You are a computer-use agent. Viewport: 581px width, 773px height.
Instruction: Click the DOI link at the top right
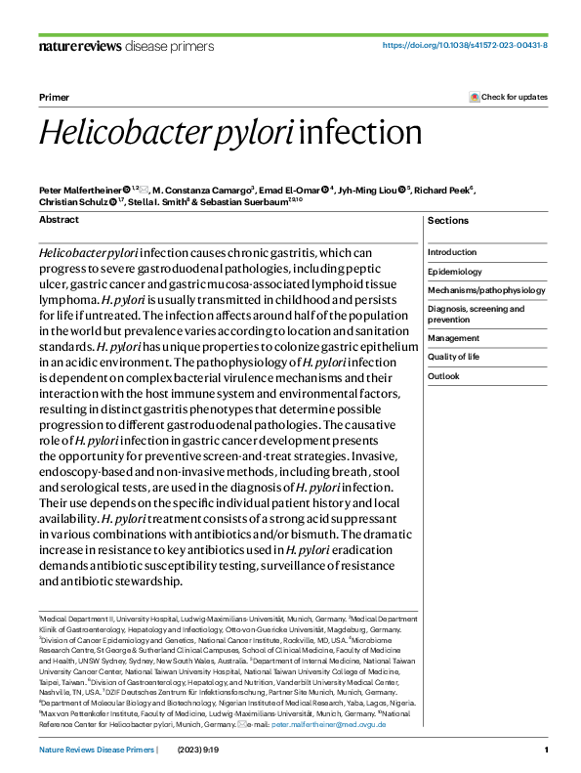(464, 46)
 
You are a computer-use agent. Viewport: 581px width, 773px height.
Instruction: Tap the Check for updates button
(509, 97)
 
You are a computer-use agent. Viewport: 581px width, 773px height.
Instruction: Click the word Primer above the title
(53, 98)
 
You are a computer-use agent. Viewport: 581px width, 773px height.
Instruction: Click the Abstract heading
(59, 220)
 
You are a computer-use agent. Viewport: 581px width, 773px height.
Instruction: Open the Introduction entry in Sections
(452, 252)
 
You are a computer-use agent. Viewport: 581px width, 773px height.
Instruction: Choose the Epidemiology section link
(455, 272)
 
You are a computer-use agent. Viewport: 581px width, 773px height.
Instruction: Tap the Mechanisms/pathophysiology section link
(486, 290)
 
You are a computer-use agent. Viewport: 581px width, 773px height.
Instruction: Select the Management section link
(452, 338)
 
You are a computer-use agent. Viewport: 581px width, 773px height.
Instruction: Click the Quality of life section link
(454, 357)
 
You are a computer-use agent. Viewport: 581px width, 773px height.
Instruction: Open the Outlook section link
(443, 376)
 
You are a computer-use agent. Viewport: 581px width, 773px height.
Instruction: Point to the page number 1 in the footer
(545, 750)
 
